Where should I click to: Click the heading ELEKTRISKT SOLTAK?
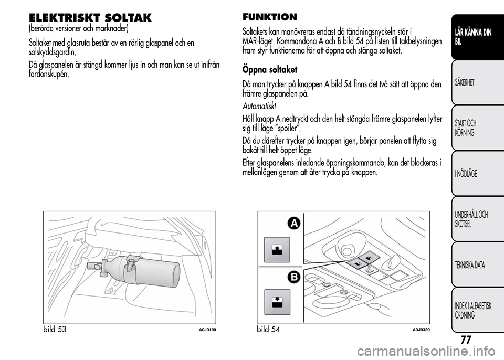point(90,17)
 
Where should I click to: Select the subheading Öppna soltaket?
point(270,69)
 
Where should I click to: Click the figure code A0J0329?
point(421,330)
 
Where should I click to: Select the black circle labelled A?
point(293,224)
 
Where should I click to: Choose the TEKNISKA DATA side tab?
point(470,265)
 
